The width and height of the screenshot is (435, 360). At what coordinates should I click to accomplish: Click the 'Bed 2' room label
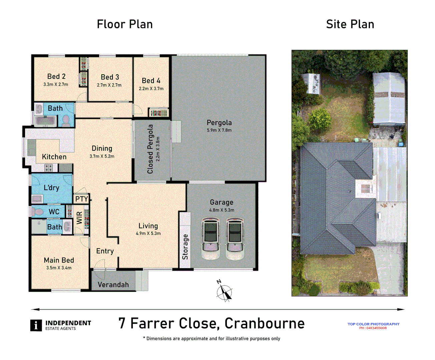tap(56, 76)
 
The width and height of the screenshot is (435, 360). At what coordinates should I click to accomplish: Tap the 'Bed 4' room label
tap(151, 81)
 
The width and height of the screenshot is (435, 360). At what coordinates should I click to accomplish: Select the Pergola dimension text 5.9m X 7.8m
tap(219, 130)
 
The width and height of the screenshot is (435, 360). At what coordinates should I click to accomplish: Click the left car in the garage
tap(210, 238)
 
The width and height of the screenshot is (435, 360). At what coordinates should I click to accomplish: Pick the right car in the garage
tap(235, 238)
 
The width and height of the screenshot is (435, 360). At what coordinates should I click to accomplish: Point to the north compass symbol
tap(224, 292)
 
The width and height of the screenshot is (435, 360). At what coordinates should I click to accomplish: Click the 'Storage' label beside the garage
tap(185, 247)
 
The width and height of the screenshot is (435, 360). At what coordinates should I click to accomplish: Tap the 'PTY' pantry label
tap(81, 199)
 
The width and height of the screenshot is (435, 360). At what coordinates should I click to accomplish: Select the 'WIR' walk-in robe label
tap(79, 218)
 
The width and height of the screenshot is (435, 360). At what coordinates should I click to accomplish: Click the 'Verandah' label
tap(113, 285)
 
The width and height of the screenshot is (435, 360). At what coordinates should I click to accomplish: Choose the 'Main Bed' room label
tap(59, 260)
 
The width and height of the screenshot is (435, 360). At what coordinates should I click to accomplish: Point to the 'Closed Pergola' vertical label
tap(150, 149)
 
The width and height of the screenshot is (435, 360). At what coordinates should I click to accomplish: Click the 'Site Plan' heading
tap(350, 24)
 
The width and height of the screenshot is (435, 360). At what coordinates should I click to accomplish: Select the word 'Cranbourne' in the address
tap(264, 323)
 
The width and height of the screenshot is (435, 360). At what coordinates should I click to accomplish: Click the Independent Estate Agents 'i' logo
tap(36, 325)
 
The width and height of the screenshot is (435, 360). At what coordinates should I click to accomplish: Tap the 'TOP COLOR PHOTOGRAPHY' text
tap(373, 324)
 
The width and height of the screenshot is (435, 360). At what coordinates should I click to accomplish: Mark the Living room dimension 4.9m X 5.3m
tap(148, 234)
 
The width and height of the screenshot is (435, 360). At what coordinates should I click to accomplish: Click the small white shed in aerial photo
tap(311, 83)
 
